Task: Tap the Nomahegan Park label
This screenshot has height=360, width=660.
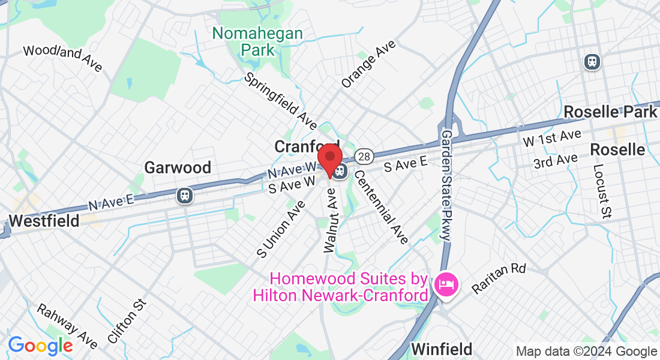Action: (x=257, y=41)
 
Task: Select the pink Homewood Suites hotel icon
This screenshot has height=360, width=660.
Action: (x=446, y=284)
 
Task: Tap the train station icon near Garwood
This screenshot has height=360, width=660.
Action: (x=184, y=195)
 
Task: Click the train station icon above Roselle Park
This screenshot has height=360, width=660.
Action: (x=593, y=61)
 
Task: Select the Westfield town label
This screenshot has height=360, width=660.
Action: (x=44, y=221)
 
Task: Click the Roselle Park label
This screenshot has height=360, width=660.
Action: (x=610, y=112)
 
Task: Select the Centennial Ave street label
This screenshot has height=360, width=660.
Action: (x=381, y=206)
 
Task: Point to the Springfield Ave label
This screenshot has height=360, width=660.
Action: (x=281, y=102)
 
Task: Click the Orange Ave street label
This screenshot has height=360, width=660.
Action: (x=368, y=64)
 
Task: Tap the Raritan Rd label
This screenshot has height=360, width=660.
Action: (x=498, y=278)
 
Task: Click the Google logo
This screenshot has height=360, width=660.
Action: (x=40, y=345)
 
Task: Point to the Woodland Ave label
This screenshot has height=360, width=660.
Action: (x=62, y=58)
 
